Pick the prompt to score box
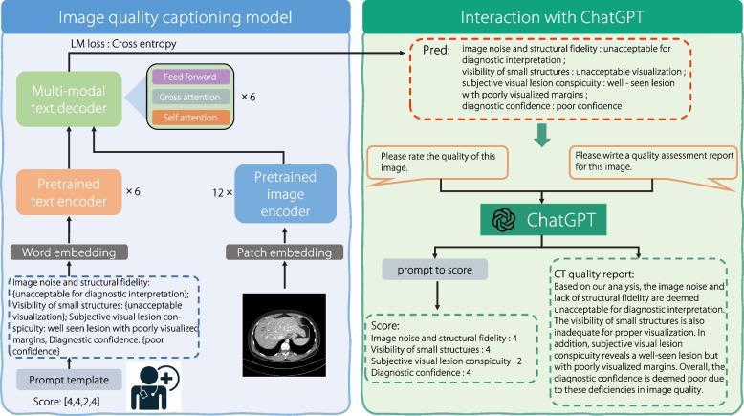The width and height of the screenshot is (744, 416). [435, 270]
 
